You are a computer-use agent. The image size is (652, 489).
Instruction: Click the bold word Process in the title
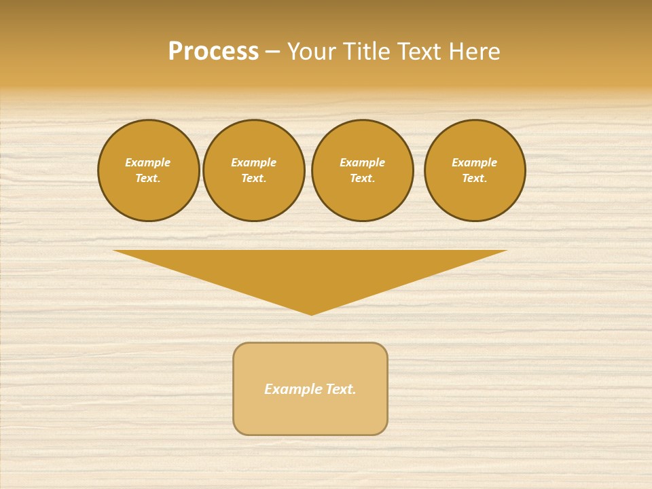213,52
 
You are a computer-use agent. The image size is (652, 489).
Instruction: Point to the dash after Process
272,52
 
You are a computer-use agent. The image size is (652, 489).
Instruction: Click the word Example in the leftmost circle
148,162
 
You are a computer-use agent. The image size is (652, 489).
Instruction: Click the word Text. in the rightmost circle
475,178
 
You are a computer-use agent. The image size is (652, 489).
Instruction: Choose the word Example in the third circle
363,162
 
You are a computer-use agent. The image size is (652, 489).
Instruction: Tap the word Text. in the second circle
254,178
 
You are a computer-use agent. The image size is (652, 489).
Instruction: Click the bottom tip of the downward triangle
311,313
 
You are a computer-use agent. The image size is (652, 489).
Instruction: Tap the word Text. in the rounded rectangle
340,389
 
